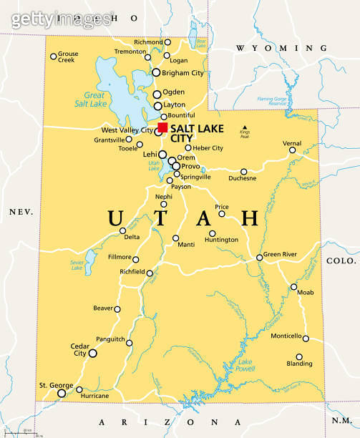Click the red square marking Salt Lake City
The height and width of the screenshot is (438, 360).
click(162, 127)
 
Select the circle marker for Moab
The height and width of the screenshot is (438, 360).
click(293, 287)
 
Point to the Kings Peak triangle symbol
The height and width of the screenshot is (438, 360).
click(245, 127)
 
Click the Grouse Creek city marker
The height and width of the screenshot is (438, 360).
click(53, 57)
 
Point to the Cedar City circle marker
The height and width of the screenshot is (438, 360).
click(92, 353)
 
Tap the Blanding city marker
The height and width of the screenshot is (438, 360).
click(299, 356)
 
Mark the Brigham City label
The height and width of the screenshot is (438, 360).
click(183, 73)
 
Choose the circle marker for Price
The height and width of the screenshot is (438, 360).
click(222, 213)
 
